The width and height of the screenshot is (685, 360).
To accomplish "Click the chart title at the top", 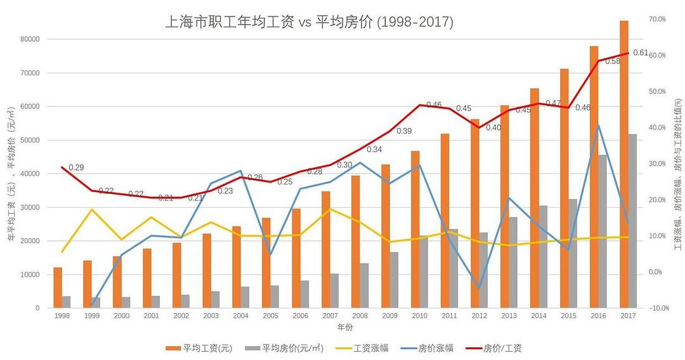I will click(x=309, y=22).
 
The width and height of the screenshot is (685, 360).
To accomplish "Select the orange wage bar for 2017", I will click(x=624, y=164).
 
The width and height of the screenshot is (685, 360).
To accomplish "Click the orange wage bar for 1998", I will click(x=58, y=288).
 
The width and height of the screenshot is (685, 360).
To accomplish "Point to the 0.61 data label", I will click(x=641, y=53).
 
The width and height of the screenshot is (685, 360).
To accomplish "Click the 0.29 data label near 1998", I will click(x=77, y=167).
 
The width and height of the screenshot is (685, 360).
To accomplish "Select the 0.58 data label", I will click(x=613, y=61).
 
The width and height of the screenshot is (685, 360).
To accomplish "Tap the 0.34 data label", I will click(x=374, y=150).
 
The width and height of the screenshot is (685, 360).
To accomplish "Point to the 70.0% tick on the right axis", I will click(x=657, y=20).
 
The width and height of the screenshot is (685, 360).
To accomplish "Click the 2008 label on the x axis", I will click(x=360, y=316).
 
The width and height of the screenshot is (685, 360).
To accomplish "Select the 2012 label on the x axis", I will click(x=479, y=316).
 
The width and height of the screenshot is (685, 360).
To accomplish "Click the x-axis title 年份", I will click(x=345, y=327).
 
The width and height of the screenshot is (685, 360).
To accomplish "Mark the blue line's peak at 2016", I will click(x=599, y=125).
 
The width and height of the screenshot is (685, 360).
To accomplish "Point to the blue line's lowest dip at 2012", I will click(x=480, y=288).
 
